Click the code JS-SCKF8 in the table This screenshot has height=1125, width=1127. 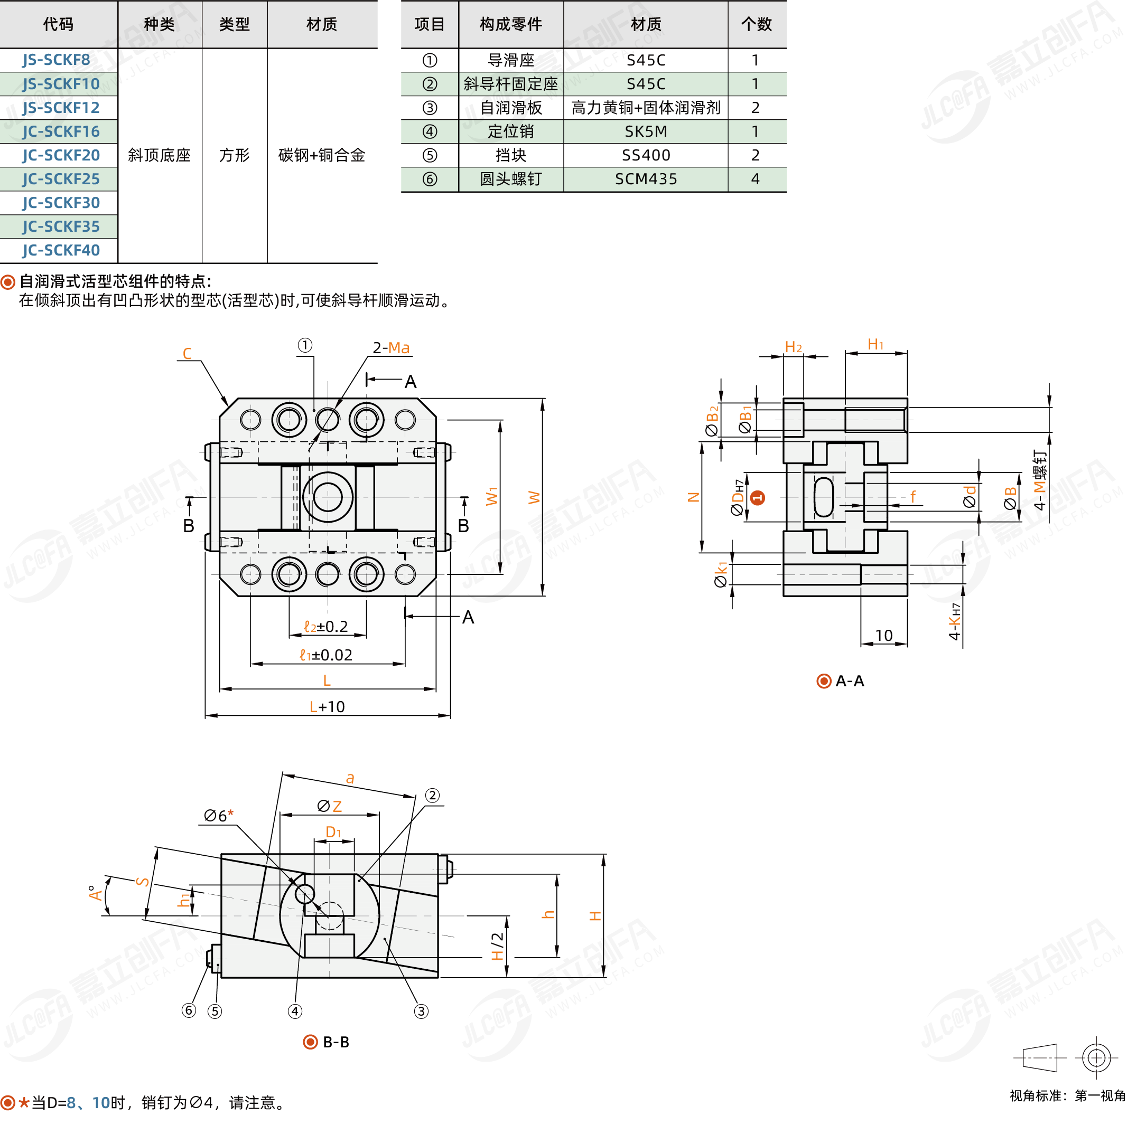(x=57, y=60)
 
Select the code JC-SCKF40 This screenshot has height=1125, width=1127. (x=61, y=251)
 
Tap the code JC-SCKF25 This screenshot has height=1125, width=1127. (x=61, y=179)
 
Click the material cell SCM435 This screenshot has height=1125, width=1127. (x=646, y=179)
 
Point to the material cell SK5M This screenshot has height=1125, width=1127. (x=646, y=132)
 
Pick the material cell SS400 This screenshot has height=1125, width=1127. (x=646, y=155)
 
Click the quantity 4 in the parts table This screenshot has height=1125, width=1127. (x=756, y=179)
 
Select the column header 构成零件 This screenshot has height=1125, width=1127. (x=510, y=24)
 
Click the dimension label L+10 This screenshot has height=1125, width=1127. (x=327, y=706)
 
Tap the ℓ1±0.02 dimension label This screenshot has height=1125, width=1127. (x=325, y=655)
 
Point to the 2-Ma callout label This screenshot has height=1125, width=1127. (x=391, y=348)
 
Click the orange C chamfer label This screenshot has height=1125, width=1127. (x=187, y=353)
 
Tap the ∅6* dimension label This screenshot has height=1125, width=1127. (x=219, y=816)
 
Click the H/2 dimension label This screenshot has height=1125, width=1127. (x=497, y=946)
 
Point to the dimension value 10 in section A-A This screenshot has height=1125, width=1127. (x=884, y=636)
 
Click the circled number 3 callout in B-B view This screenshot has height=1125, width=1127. (x=421, y=1011)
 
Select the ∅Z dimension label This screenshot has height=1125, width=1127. (x=330, y=806)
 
